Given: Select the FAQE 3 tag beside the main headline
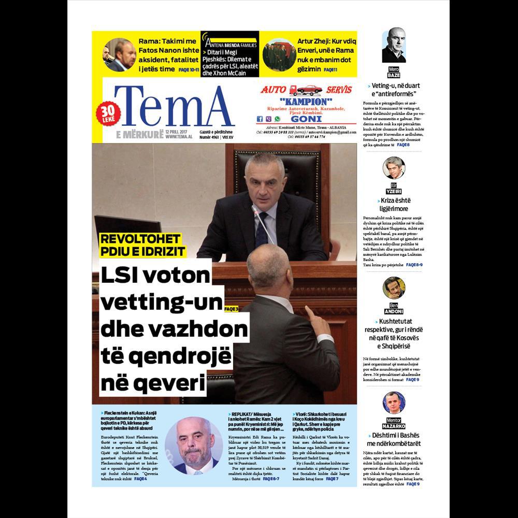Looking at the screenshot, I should (x=231, y=309).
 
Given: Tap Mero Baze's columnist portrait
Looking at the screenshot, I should (x=394, y=46).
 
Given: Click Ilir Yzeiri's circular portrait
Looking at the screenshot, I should (x=394, y=168).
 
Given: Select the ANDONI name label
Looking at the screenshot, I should (x=394, y=311).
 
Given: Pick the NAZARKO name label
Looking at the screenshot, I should (x=394, y=426).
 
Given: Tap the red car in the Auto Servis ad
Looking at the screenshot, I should (x=310, y=89).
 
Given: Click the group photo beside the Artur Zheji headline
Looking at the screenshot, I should (x=279, y=54).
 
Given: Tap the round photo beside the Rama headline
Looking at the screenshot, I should (x=119, y=54).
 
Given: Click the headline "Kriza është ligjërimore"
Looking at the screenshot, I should (x=394, y=204).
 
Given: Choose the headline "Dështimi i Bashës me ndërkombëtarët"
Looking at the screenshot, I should (x=394, y=439).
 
